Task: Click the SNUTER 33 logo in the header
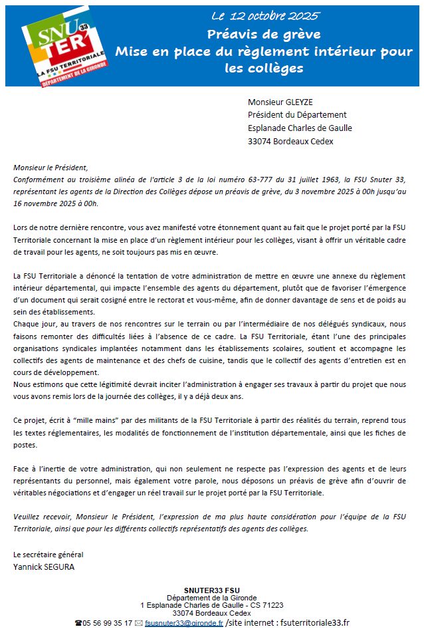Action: click(x=56, y=46)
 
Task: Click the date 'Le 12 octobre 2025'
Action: click(x=265, y=15)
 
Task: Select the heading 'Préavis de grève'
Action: click(x=264, y=34)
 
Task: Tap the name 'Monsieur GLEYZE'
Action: click(x=280, y=102)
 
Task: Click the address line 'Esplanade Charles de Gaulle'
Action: click(x=300, y=128)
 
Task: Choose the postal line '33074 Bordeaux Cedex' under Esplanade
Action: click(x=290, y=141)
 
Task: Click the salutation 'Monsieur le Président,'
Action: click(x=50, y=168)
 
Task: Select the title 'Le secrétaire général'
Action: click(x=49, y=554)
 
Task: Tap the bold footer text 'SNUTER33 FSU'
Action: click(x=211, y=590)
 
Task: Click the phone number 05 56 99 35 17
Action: click(x=107, y=623)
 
